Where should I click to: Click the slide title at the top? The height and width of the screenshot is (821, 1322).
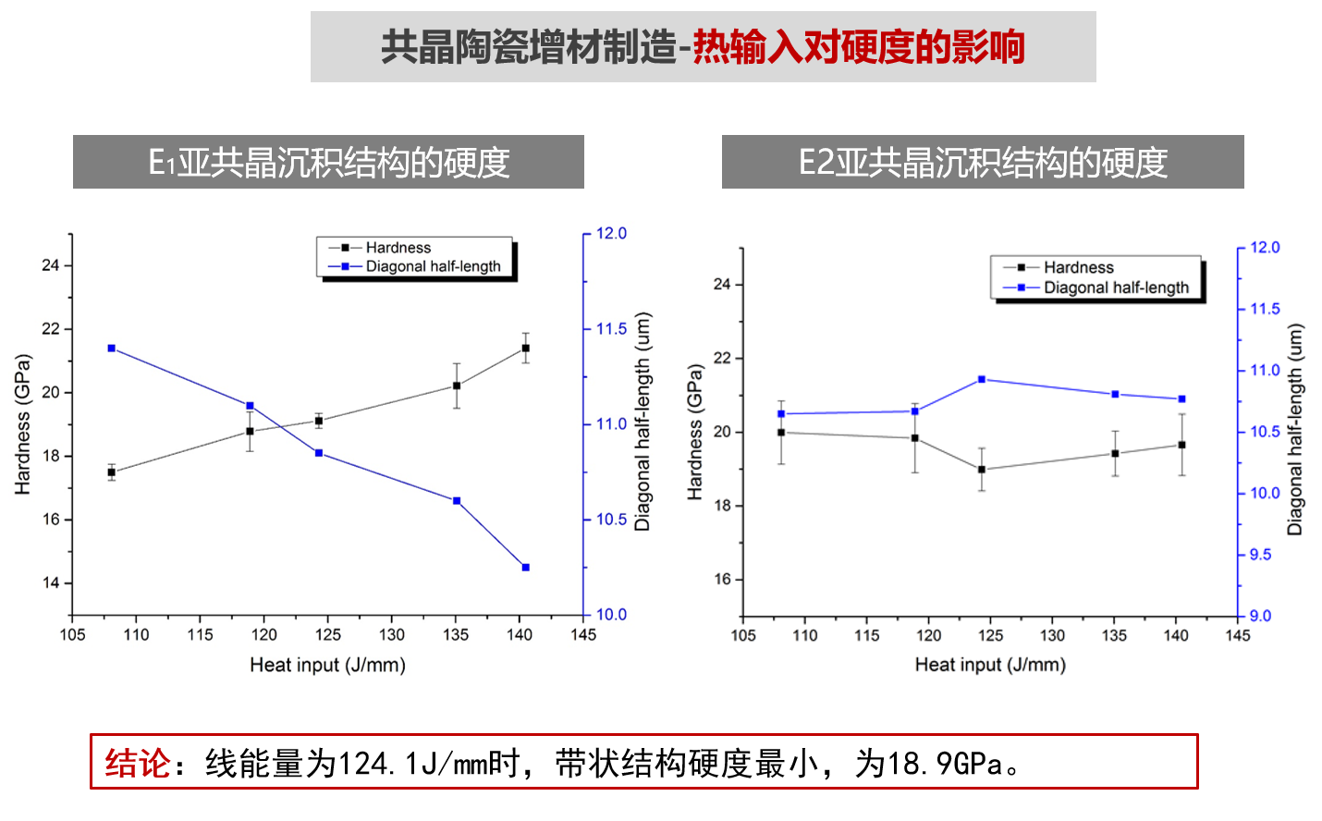[703, 47]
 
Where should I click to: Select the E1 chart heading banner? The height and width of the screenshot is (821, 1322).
[328, 163]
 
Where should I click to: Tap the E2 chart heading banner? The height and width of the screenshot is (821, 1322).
[983, 163]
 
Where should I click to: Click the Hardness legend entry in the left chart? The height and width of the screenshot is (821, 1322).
[398, 248]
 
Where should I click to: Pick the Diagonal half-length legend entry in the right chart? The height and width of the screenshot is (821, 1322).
[1116, 288]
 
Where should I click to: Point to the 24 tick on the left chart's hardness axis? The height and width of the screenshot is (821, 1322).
[50, 265]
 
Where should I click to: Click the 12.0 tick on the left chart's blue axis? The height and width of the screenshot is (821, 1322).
[611, 234]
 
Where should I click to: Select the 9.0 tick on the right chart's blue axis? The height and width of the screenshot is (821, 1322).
[1260, 616]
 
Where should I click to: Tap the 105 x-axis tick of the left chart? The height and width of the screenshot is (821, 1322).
[72, 635]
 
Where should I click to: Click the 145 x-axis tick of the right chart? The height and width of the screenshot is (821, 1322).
[1238, 636]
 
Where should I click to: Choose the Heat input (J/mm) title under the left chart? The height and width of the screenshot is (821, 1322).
[327, 665]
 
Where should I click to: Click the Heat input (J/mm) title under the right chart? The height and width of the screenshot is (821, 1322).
[990, 665]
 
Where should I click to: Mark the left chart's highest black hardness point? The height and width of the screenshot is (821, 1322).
[526, 349]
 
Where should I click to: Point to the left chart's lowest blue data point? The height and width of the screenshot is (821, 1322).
[526, 568]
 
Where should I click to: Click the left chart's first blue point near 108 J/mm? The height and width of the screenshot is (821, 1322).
[112, 349]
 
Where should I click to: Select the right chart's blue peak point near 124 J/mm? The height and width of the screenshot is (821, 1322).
[982, 379]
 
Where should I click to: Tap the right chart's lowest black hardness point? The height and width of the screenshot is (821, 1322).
[982, 470]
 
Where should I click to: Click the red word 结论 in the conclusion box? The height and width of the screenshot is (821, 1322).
[137, 764]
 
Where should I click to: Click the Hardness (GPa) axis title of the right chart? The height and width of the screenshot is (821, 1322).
[695, 432]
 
